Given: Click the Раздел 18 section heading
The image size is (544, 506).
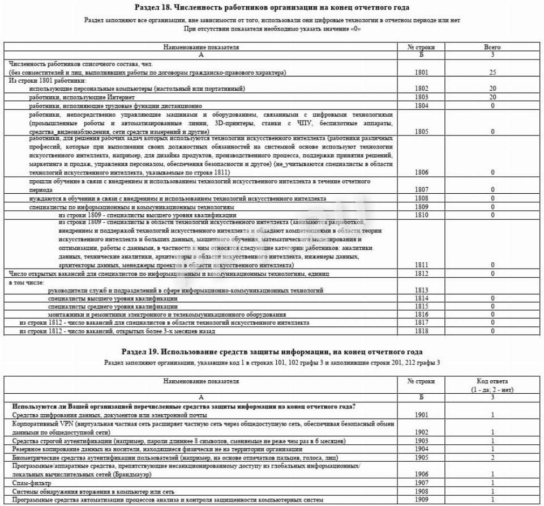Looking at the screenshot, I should [x=272, y=7].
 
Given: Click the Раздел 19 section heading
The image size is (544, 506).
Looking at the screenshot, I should [x=272, y=352].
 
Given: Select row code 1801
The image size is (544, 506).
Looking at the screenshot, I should [x=421, y=73].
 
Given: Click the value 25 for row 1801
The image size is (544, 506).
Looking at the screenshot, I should [x=492, y=73].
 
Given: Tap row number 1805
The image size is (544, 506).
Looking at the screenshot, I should [x=421, y=131].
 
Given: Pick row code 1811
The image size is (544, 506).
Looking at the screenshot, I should [x=421, y=265].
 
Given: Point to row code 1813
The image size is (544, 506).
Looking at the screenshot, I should [x=421, y=290].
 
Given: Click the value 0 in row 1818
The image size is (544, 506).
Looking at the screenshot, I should [x=492, y=331].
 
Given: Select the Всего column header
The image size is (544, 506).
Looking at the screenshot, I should [x=492, y=48].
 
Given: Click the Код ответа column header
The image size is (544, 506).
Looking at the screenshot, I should [x=492, y=385].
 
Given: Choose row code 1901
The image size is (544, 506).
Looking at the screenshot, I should [x=421, y=415].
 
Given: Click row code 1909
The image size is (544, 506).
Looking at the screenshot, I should [x=421, y=499].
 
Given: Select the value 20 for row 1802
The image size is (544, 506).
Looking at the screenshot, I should [x=492, y=88].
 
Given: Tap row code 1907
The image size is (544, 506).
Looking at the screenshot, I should [x=421, y=483].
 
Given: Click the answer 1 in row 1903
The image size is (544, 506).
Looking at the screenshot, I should [x=492, y=441].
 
